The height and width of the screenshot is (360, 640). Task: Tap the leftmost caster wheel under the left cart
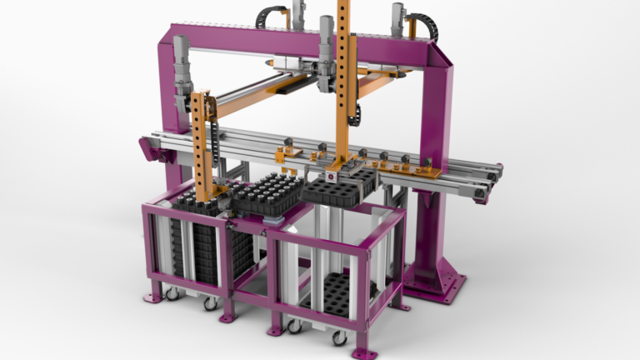point(170,294)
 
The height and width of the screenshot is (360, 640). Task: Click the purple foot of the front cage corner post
point(362,352)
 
